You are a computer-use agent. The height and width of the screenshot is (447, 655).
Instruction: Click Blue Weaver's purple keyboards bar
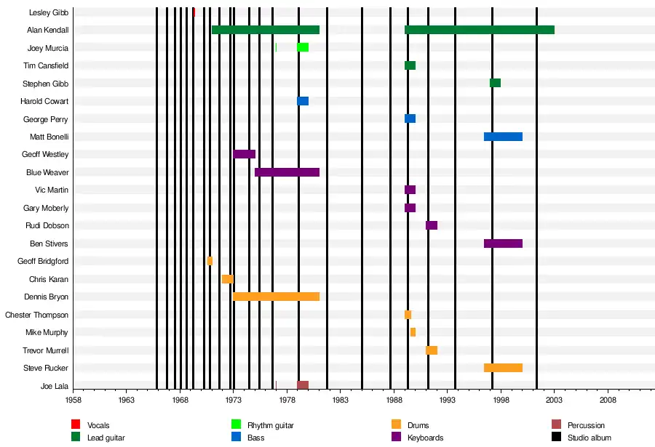pos(287,172)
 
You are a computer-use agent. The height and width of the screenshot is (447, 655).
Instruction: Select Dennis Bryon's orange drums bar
pos(276,297)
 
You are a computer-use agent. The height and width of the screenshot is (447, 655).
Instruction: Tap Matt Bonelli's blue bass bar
pos(503,137)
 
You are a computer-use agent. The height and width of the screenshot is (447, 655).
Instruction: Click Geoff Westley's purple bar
pos(244,154)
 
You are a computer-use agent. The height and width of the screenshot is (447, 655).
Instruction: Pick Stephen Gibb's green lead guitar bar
pos(495,83)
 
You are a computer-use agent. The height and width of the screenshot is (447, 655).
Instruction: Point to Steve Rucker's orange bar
pos(503,368)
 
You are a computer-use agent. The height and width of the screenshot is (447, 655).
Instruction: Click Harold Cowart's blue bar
pos(303,101)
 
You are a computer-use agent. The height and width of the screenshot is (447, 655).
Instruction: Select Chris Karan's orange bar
pos(227,279)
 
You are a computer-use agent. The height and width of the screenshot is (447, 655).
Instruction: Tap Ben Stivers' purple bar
pos(503,243)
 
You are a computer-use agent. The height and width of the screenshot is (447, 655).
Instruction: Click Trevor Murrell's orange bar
pos(432,350)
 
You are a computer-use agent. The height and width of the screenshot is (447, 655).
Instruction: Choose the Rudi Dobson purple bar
pos(432,225)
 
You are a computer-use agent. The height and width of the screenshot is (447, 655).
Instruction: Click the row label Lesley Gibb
pos(49,12)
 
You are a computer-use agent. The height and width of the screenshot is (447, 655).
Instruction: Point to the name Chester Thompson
pos(36,315)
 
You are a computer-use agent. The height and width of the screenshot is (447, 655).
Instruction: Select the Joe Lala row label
pos(55,386)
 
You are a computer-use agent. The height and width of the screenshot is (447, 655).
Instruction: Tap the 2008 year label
pos(608,400)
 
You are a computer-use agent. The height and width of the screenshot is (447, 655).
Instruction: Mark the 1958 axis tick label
pos(73,400)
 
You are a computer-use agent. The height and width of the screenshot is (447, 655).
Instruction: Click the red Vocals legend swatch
pos(75,424)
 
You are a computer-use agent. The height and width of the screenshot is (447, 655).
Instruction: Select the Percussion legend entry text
pos(586,425)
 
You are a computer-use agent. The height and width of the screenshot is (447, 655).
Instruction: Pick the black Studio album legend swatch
pos(556,437)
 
